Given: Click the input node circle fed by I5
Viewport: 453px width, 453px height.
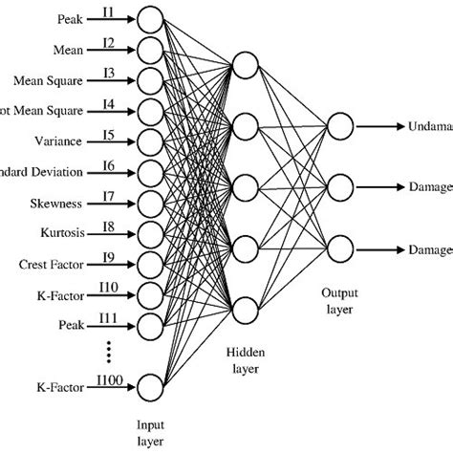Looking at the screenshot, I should click(149, 142).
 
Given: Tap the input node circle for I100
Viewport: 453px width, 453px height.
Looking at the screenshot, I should click(149, 387).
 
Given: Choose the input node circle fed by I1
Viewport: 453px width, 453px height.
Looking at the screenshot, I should click(149, 18).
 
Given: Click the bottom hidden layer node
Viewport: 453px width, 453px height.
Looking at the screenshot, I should click(245, 309).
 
